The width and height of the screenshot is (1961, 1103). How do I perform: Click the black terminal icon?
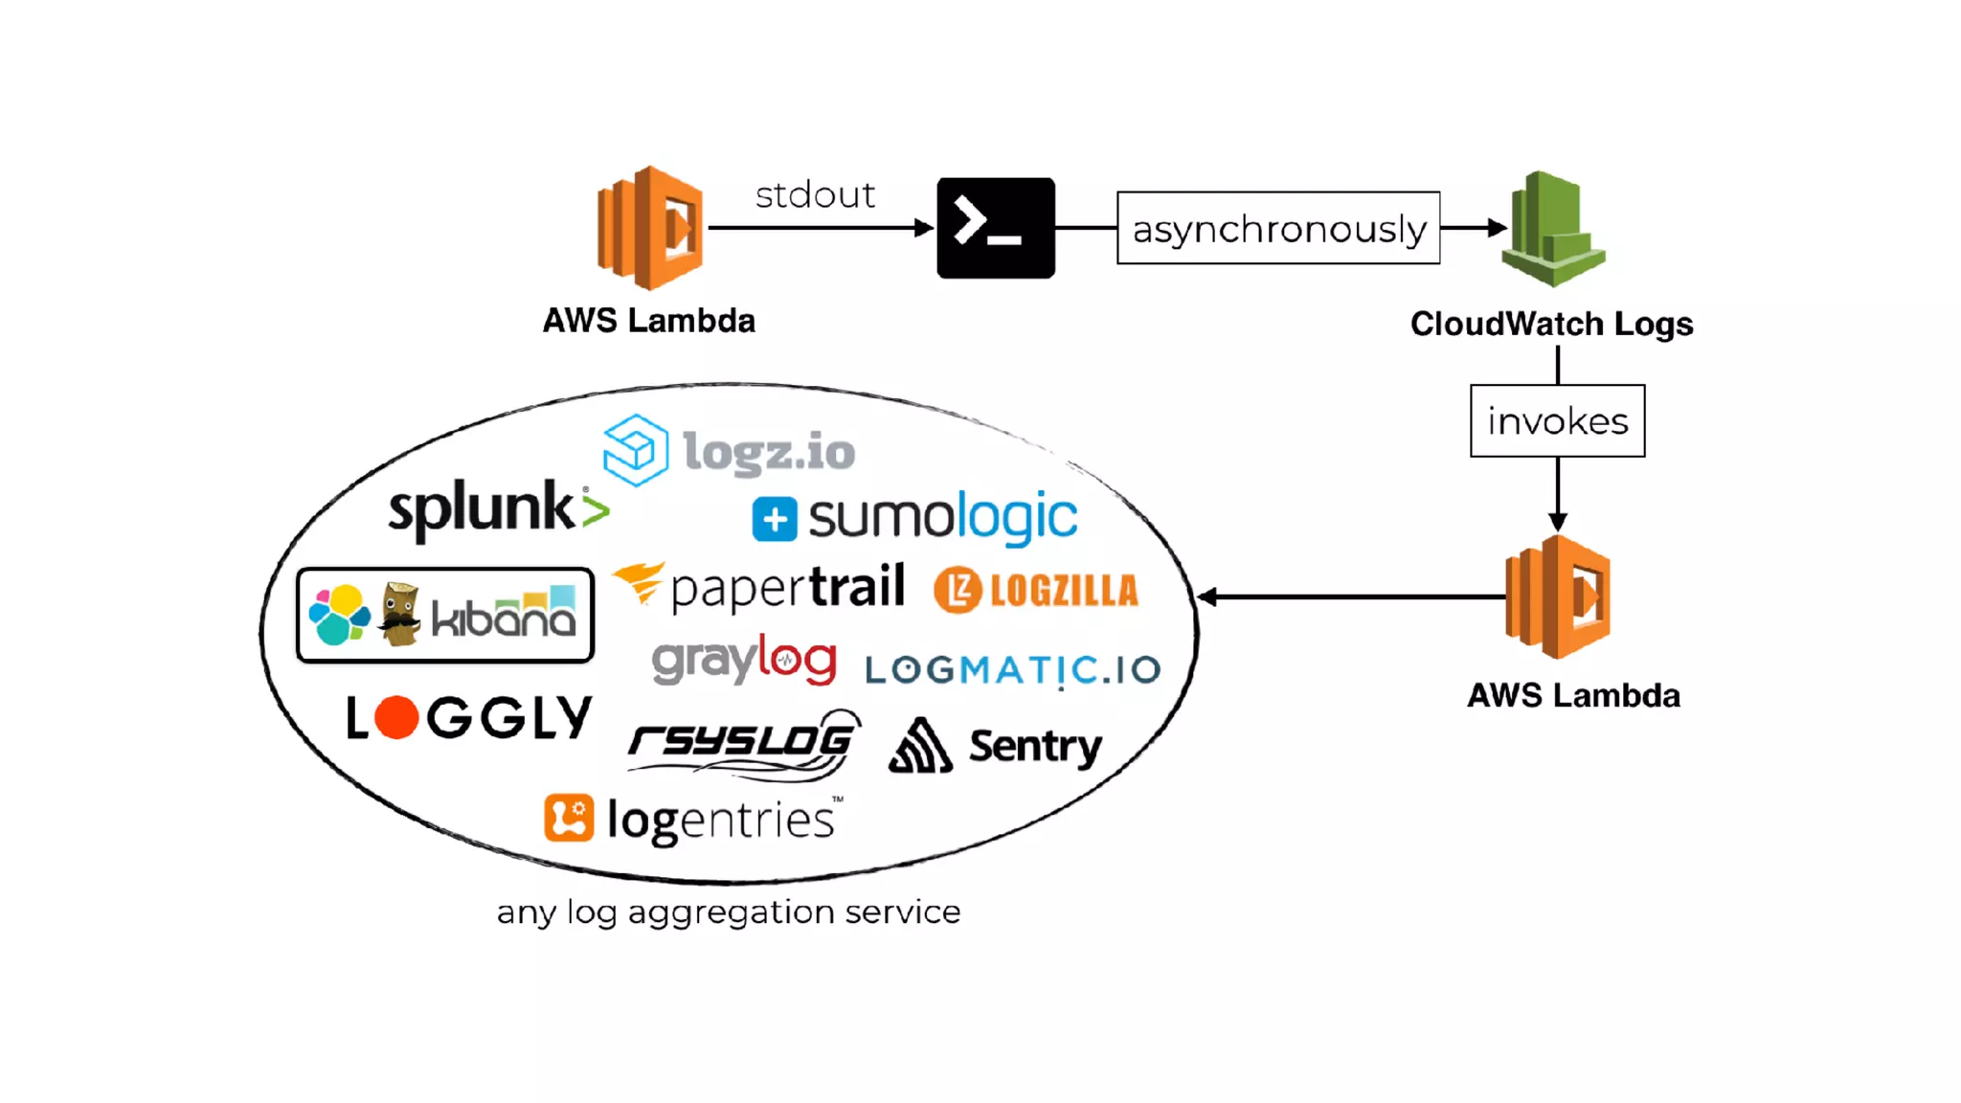pyautogui.click(x=995, y=228)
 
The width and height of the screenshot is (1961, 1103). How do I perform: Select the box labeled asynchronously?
pyautogui.click(x=1278, y=228)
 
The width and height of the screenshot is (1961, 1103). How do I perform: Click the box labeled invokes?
pyautogui.click(x=1557, y=420)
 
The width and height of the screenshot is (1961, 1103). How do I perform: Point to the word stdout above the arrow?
pyautogui.click(x=815, y=195)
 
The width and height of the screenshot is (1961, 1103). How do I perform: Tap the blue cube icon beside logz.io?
pyautogui.click(x=635, y=449)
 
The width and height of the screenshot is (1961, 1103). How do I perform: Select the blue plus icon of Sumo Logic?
pyautogui.click(x=774, y=520)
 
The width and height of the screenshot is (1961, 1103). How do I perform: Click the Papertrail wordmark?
pyautogui.click(x=787, y=587)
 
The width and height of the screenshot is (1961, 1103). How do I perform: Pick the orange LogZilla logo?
pyautogui.click(x=1036, y=590)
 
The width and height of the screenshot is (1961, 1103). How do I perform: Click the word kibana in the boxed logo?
pyautogui.click(x=503, y=617)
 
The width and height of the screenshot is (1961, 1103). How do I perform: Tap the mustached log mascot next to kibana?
pyautogui.click(x=399, y=615)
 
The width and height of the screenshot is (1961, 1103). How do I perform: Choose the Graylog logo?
pyautogui.click(x=744, y=660)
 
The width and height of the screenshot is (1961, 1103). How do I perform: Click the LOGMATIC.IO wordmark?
pyautogui.click(x=1012, y=669)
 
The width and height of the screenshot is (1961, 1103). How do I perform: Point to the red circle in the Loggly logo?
pyautogui.click(x=395, y=718)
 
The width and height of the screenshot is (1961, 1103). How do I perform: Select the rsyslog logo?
pyautogui.click(x=743, y=742)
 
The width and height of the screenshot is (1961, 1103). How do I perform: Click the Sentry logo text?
pyautogui.click(x=1035, y=746)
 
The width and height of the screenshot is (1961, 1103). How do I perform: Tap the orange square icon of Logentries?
pyautogui.click(x=569, y=818)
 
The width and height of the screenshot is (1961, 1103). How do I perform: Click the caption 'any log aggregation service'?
pyautogui.click(x=728, y=912)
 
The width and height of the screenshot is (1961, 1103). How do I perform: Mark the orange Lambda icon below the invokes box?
pyautogui.click(x=1558, y=597)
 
